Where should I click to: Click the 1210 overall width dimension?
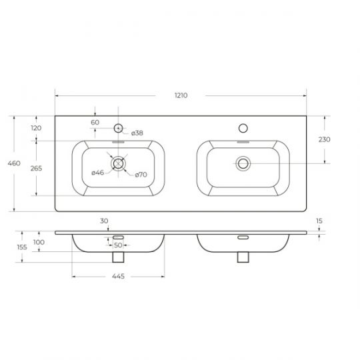(181, 95)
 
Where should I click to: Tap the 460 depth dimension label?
(14, 163)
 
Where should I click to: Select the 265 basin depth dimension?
(36, 168)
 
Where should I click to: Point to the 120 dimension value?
(36, 128)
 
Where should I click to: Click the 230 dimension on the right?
(325, 139)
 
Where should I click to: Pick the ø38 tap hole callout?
(137, 133)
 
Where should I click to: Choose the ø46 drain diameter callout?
(97, 173)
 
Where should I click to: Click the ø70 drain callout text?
(141, 175)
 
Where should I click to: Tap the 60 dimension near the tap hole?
(95, 123)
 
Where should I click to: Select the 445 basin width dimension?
(118, 276)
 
